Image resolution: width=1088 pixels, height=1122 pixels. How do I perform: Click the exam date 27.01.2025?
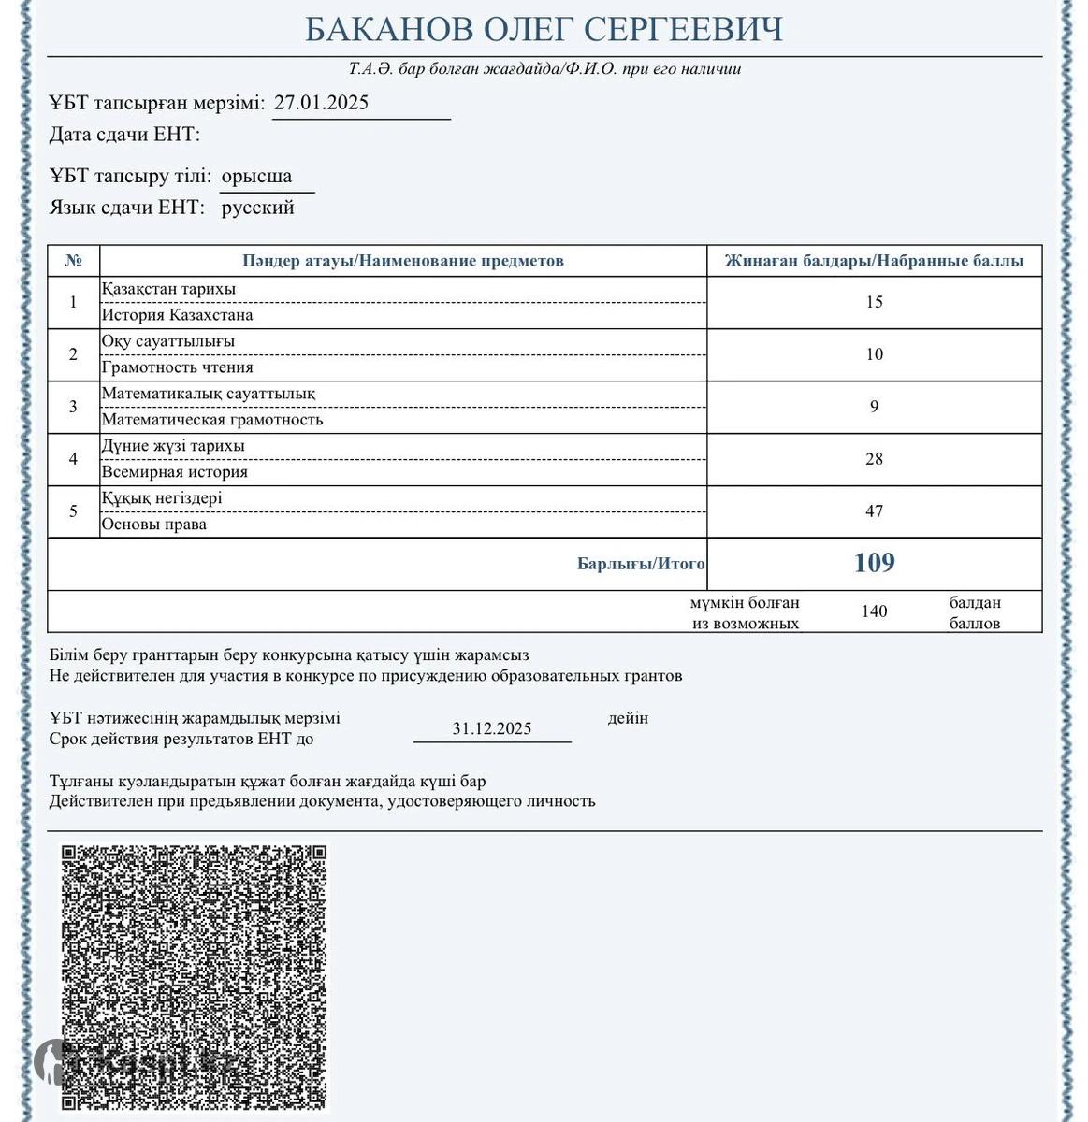(321, 103)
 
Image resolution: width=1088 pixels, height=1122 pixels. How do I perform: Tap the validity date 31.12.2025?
(492, 728)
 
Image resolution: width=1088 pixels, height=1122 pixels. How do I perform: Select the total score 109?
(874, 563)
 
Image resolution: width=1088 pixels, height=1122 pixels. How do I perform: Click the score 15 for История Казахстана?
(874, 302)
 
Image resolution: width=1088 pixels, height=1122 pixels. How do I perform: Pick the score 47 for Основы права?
(874, 511)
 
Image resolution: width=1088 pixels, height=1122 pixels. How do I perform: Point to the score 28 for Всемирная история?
(874, 459)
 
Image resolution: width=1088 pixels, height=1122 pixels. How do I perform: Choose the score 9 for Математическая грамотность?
(874, 407)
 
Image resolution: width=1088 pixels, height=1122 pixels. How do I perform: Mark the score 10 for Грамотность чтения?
(874, 354)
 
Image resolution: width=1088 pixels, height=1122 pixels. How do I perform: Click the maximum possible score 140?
(874, 611)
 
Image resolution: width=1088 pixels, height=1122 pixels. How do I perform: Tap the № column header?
(74, 261)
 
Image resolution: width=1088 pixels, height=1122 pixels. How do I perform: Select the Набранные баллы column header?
(874, 261)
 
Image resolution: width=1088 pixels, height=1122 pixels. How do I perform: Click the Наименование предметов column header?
(403, 261)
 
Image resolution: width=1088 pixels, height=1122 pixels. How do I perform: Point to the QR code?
(195, 976)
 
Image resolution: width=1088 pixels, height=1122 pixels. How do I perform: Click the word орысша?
(256, 176)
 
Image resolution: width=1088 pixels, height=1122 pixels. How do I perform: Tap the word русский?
(257, 208)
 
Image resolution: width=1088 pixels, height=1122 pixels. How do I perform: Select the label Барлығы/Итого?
(641, 564)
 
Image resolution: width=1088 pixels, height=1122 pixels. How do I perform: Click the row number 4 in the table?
(74, 459)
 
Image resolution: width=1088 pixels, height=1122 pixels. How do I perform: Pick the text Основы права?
(154, 525)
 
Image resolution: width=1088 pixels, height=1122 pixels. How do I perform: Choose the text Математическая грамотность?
(212, 420)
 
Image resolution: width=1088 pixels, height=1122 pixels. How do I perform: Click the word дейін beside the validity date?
(628, 718)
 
